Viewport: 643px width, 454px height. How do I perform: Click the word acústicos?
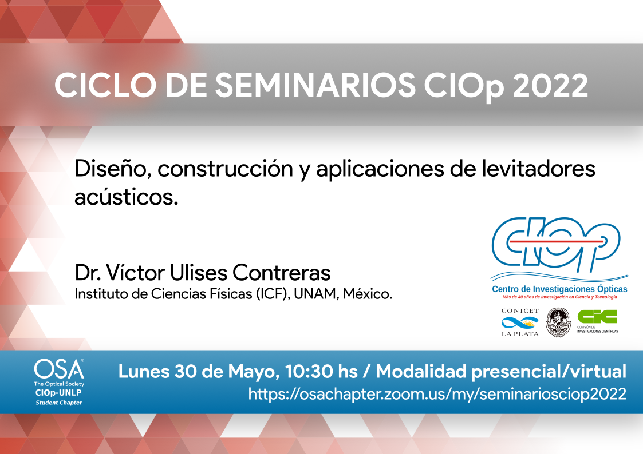pos(127,197)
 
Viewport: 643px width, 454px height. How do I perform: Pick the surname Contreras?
pos(281,273)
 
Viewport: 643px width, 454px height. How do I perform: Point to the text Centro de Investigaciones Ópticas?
pos(559,289)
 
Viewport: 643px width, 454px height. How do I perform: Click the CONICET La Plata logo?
pos(520,323)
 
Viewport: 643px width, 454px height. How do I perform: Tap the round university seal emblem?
pos(558,322)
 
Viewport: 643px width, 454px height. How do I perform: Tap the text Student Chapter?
pos(59,403)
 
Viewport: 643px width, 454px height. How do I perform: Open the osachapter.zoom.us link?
pos(437,394)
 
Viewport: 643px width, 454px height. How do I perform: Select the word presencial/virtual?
pos(549,372)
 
